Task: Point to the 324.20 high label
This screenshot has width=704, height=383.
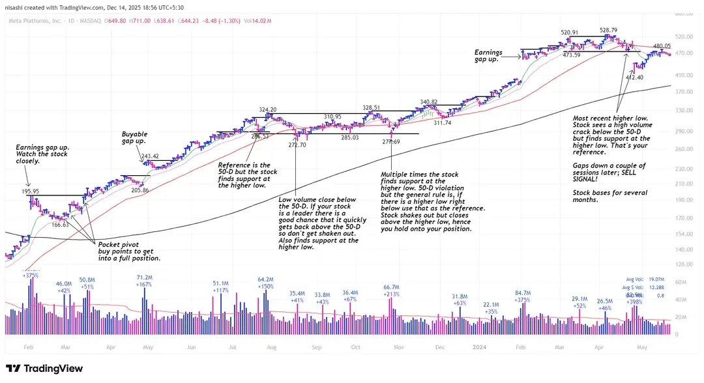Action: [267, 109]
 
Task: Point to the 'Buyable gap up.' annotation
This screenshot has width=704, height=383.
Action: [134, 137]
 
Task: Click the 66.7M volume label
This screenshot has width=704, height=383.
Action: [391, 287]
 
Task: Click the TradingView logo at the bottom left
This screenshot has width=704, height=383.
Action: [44, 369]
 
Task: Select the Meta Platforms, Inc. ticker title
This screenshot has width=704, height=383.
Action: [35, 21]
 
